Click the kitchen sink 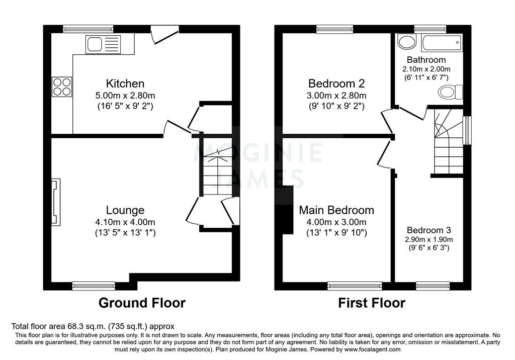pyautogui.click(x=102, y=45)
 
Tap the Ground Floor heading pyautogui.click(x=142, y=303)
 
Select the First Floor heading pyautogui.click(x=371, y=303)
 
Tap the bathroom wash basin pyautogui.click(x=404, y=42)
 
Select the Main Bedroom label pyautogui.click(x=336, y=210)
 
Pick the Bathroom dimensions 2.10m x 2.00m pyautogui.click(x=426, y=69)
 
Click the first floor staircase pyautogui.click(x=447, y=146)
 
